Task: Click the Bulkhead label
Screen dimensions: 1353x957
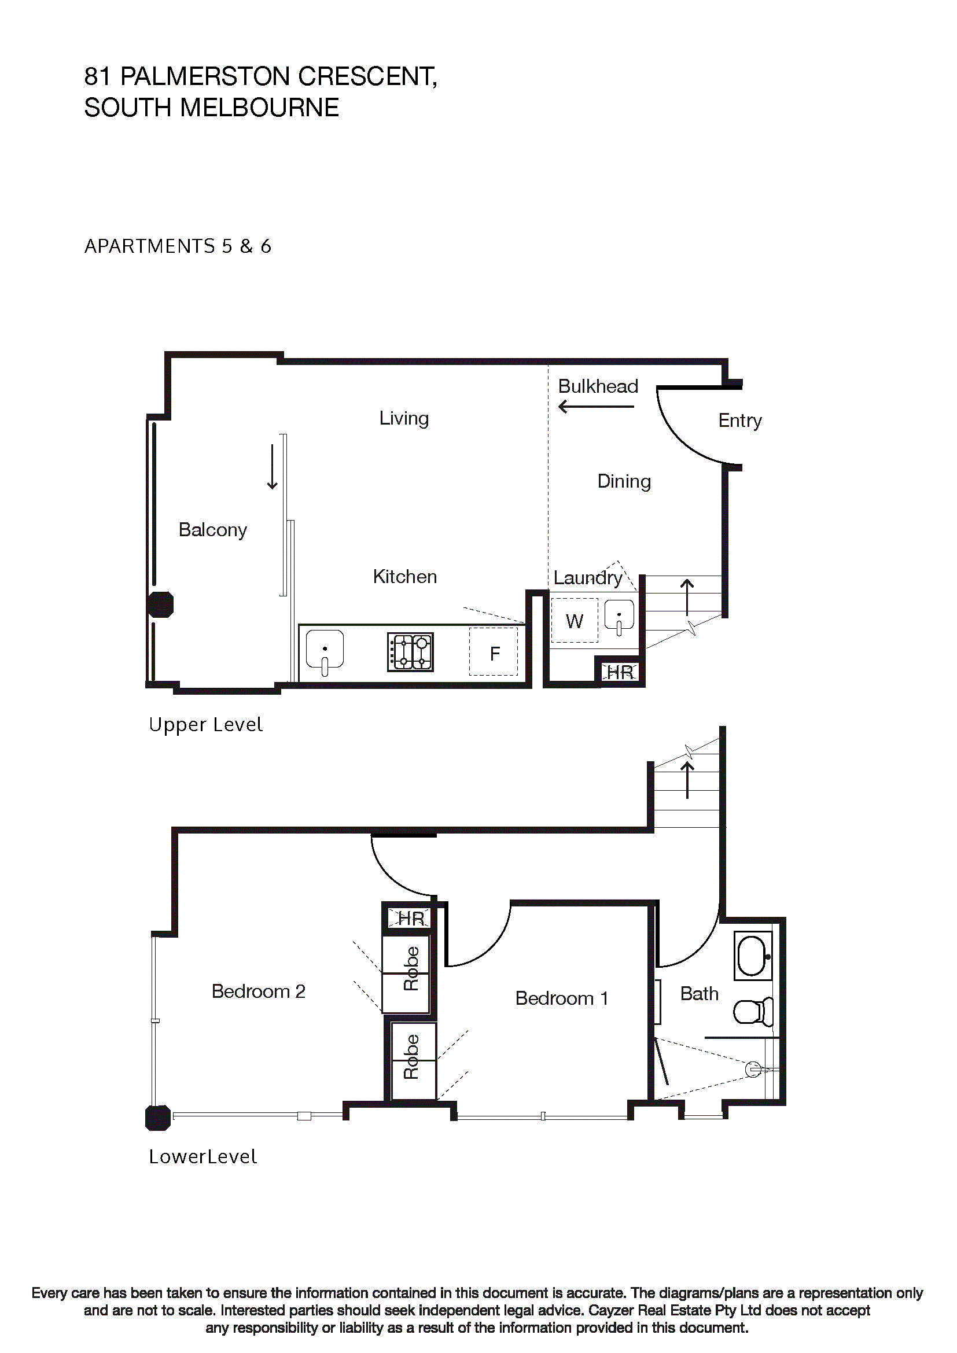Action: pos(598,386)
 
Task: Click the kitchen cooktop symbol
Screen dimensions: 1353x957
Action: pos(410,652)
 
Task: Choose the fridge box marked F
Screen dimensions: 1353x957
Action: pos(494,652)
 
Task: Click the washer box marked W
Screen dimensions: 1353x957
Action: pos(574,621)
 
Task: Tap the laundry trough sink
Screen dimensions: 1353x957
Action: pos(619,616)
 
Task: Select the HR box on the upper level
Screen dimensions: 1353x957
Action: pos(619,672)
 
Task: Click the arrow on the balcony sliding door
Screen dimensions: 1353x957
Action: pos(273,467)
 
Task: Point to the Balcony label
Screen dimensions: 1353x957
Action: pos(213,530)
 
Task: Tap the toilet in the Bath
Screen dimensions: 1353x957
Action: pos(753,1012)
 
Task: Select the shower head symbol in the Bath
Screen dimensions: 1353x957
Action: pos(753,1069)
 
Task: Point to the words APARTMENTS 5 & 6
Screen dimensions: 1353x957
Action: pos(178,246)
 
